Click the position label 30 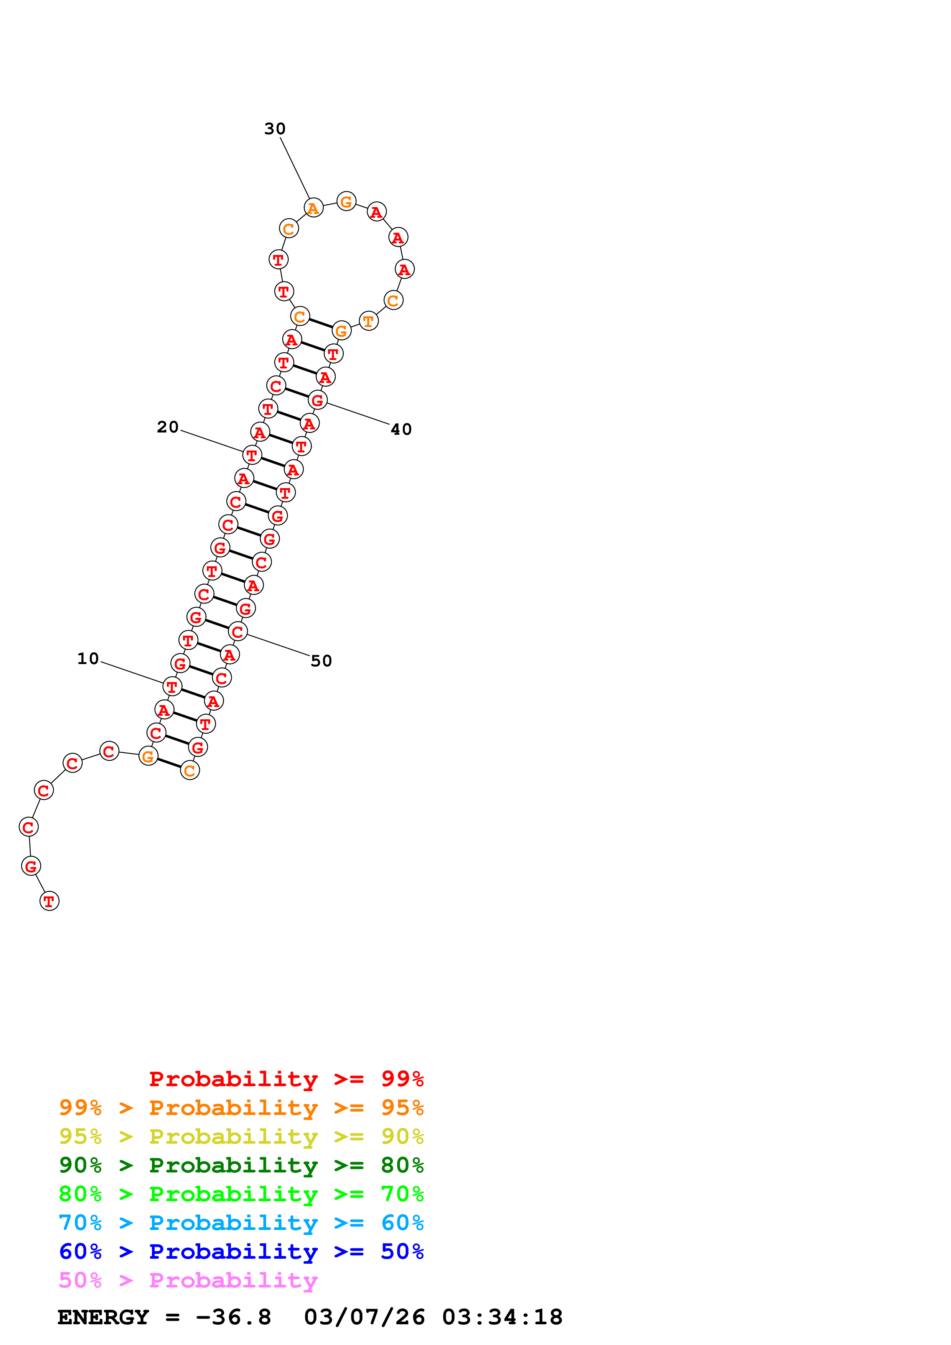pyautogui.click(x=274, y=128)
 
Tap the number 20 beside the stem pyautogui.click(x=168, y=427)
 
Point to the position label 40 pyautogui.click(x=401, y=429)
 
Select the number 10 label pyautogui.click(x=88, y=658)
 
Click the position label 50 pyautogui.click(x=321, y=661)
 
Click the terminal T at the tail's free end pyautogui.click(x=49, y=901)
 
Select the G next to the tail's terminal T pyautogui.click(x=31, y=866)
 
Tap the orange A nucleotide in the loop pyautogui.click(x=313, y=208)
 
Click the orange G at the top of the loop pyautogui.click(x=346, y=202)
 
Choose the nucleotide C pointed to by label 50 pyautogui.click(x=237, y=631)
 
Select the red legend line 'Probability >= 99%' pyautogui.click(x=286, y=1079)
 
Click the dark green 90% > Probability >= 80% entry pyautogui.click(x=241, y=1165)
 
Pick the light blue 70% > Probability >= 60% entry pyautogui.click(x=241, y=1223)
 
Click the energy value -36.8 pyautogui.click(x=233, y=1317)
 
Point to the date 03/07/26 pyautogui.click(x=364, y=1317)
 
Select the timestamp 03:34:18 pyautogui.click(x=502, y=1317)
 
